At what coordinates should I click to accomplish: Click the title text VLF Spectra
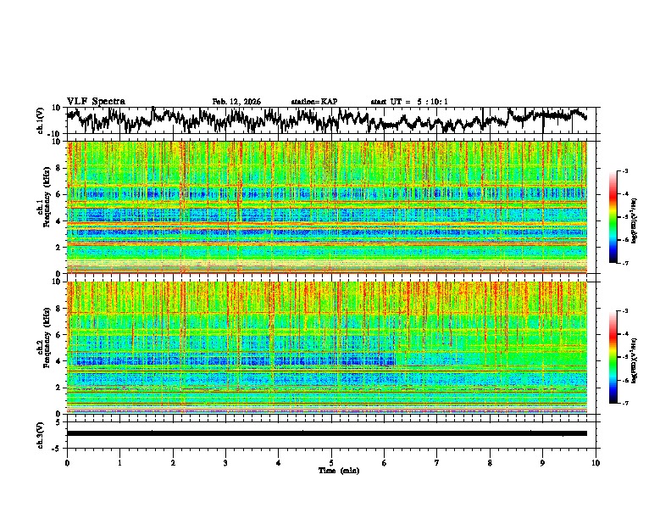tap(96, 101)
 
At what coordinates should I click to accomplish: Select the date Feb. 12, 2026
tap(236, 102)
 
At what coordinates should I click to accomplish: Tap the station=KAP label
tap(314, 102)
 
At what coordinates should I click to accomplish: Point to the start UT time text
tap(409, 102)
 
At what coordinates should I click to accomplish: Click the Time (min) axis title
tap(331, 470)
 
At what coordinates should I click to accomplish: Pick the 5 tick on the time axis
tap(331, 462)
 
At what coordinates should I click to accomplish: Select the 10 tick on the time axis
tap(596, 462)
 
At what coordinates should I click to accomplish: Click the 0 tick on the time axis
tap(67, 462)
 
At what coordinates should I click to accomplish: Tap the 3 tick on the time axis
tap(225, 462)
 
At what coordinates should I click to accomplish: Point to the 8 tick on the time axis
tap(490, 462)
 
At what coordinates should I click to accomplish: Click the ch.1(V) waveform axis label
tap(41, 120)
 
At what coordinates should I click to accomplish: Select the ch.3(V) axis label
tap(41, 433)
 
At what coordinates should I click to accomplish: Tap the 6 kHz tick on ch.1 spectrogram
tap(59, 194)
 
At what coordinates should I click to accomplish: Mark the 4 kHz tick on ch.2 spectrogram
tap(59, 361)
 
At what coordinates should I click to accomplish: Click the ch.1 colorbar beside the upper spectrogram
tap(613, 217)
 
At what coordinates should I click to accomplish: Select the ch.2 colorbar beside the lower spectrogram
tap(613, 357)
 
